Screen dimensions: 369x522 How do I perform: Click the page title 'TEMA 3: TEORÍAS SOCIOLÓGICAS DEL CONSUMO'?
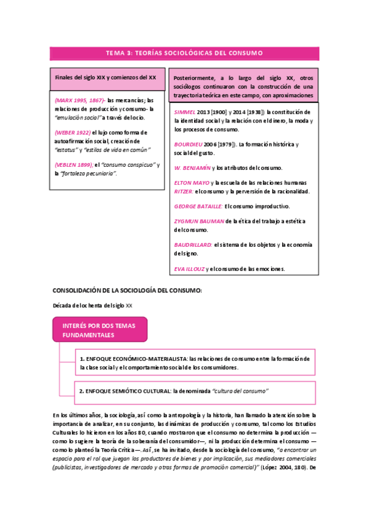[x=184, y=54]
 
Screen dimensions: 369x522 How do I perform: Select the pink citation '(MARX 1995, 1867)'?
[x=79, y=100]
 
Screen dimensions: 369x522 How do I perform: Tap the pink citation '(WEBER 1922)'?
[x=72, y=132]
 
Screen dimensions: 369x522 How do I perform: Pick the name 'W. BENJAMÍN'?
[x=192, y=167]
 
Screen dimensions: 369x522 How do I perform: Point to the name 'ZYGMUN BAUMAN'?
[x=199, y=221]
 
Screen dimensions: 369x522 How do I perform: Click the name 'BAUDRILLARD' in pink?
[x=193, y=245]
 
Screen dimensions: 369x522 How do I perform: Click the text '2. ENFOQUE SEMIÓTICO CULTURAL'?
[x=124, y=391]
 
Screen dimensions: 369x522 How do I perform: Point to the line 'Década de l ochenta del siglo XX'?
[x=93, y=305]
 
